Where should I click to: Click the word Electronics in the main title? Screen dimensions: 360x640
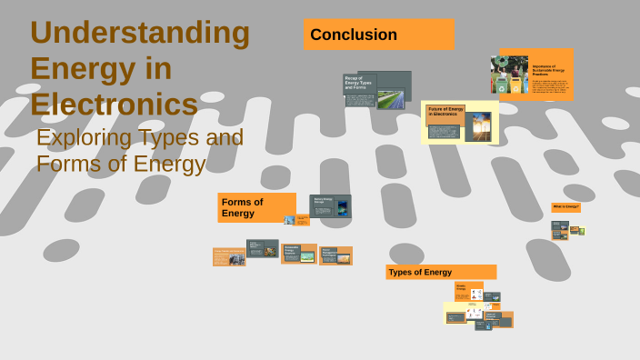pyautogui.click(x=114, y=104)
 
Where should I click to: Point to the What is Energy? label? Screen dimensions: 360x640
pyautogui.click(x=565, y=207)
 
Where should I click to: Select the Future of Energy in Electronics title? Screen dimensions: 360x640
pyautogui.click(x=445, y=112)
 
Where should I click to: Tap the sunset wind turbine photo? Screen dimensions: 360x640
pyautogui.click(x=477, y=125)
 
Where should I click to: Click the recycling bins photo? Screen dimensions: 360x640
pyautogui.click(x=509, y=75)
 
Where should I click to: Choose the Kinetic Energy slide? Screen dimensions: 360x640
pyautogui.click(x=463, y=290)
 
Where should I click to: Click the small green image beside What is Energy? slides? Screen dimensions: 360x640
pyautogui.click(x=581, y=231)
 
